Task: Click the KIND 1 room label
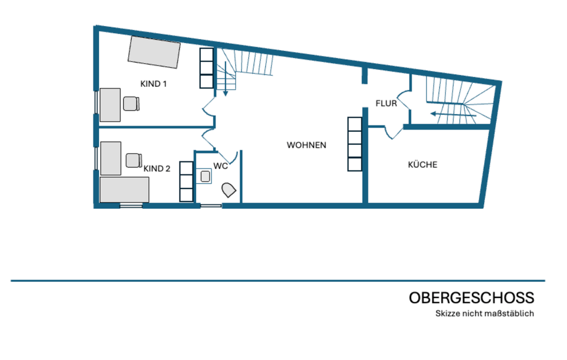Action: coord(154,84)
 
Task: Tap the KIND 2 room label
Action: coord(157,168)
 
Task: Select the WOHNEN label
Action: coord(307,145)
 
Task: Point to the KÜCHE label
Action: coord(423,164)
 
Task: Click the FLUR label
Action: coord(386,103)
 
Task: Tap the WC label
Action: coord(220,166)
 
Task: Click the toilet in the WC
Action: coord(229,190)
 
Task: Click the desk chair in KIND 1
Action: coord(131,103)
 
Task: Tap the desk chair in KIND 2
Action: coord(134,160)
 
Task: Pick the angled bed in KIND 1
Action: coord(154,52)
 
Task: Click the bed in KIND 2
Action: coord(125,190)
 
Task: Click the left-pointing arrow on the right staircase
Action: coord(453,115)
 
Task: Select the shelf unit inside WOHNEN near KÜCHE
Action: coord(355,144)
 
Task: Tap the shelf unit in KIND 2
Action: coord(187,181)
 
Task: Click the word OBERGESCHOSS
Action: coord(471,298)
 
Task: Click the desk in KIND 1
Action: coord(110,105)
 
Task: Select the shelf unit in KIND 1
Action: coord(207,69)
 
